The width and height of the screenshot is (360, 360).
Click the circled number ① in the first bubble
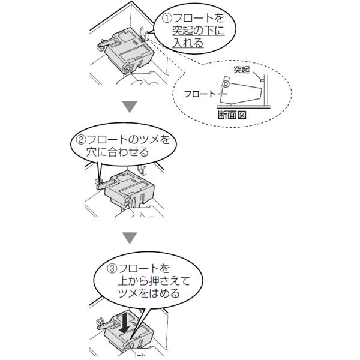point(167,19)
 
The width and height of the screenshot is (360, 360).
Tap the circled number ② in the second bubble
point(81,140)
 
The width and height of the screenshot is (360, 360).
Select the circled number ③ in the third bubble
point(112,268)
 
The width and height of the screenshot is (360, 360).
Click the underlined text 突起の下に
point(198,31)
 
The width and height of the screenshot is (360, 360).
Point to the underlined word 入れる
point(188,43)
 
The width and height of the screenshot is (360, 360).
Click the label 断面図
point(232,115)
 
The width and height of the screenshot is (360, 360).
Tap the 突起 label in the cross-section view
point(242,70)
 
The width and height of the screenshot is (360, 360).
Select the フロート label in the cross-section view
point(200,94)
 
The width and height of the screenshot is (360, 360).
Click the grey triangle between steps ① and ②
point(130,107)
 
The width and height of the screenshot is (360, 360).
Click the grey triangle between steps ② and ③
point(130,238)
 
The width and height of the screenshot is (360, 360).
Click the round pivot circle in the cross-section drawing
point(226,84)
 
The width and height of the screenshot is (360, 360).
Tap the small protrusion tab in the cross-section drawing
point(262,80)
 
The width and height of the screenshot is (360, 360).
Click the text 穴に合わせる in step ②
point(118,152)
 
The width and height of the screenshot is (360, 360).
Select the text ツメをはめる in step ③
point(149,293)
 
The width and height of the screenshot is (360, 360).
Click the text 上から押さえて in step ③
point(155,281)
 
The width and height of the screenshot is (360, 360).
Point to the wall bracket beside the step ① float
point(143,34)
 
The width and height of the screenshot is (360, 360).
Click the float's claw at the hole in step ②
point(98,181)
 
